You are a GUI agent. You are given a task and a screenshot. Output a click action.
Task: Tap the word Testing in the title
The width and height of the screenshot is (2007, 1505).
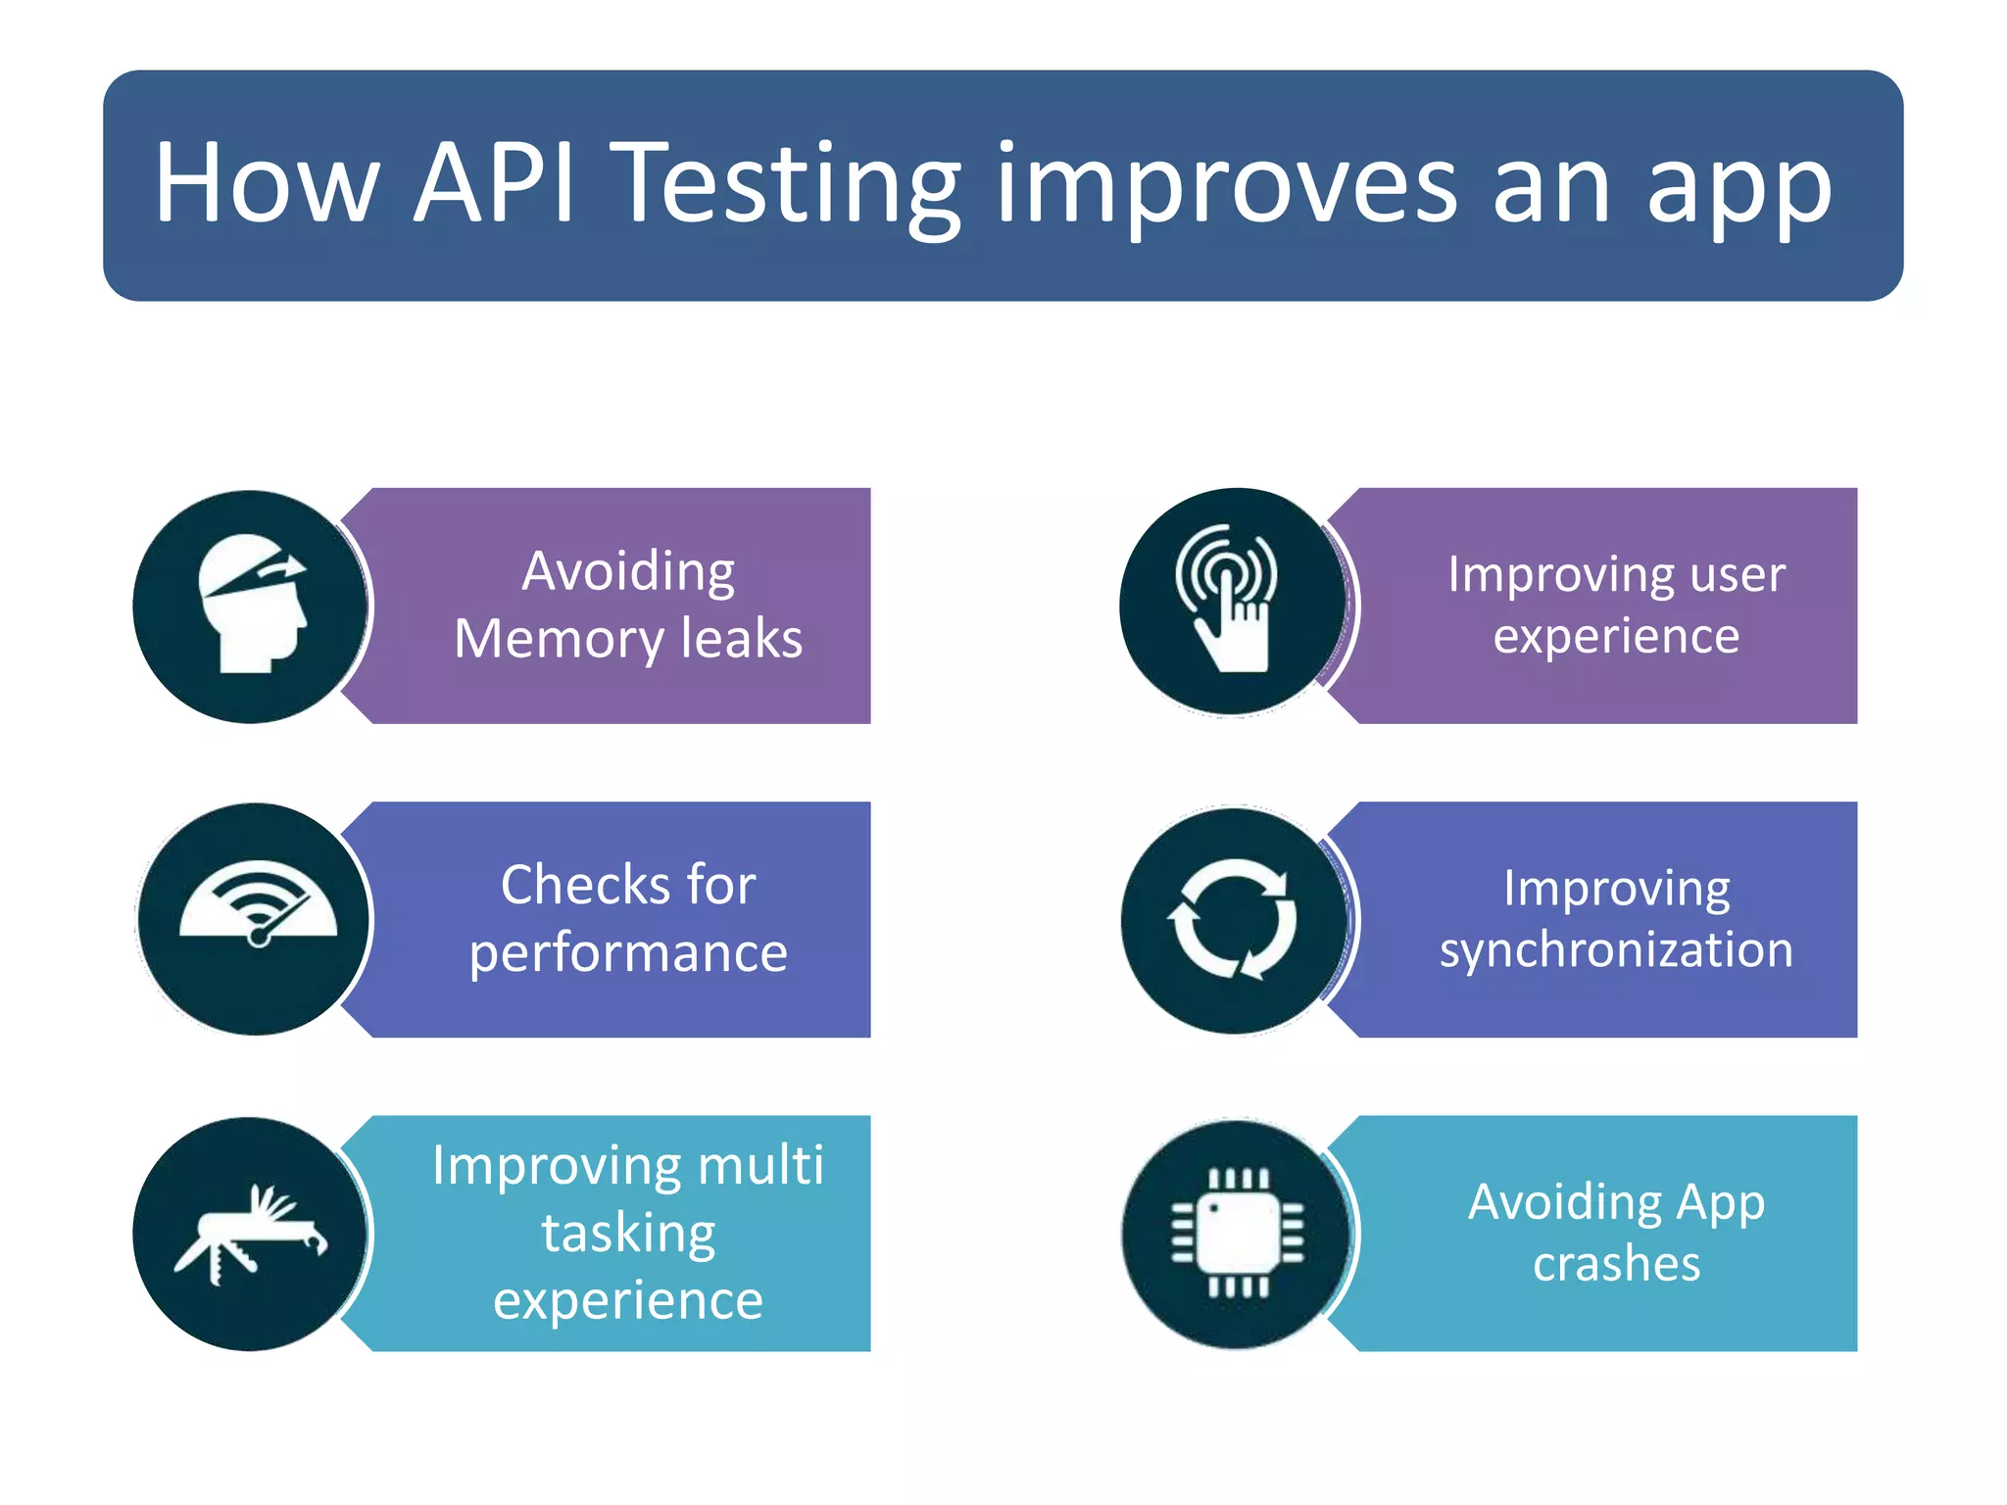790,186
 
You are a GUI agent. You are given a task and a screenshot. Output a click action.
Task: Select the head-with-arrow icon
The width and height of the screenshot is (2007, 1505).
253,605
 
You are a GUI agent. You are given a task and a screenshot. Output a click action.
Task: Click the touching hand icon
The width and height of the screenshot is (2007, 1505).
1229,600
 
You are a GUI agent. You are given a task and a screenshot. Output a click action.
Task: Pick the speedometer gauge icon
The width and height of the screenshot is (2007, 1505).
258,906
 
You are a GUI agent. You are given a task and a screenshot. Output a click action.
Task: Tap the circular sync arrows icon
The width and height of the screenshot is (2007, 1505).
1232,919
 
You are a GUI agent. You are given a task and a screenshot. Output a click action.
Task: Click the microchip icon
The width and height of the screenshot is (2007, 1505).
1238,1233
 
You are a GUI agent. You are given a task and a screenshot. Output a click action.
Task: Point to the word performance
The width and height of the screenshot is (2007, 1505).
628,953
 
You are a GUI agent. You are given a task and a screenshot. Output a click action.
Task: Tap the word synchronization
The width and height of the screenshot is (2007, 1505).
1616,950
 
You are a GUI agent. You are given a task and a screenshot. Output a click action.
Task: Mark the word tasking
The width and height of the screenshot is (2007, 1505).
628,1234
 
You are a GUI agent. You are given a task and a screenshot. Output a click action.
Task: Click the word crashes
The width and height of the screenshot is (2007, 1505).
1616,1264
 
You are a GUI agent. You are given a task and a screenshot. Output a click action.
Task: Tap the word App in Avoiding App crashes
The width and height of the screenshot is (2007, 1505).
1720,1203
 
